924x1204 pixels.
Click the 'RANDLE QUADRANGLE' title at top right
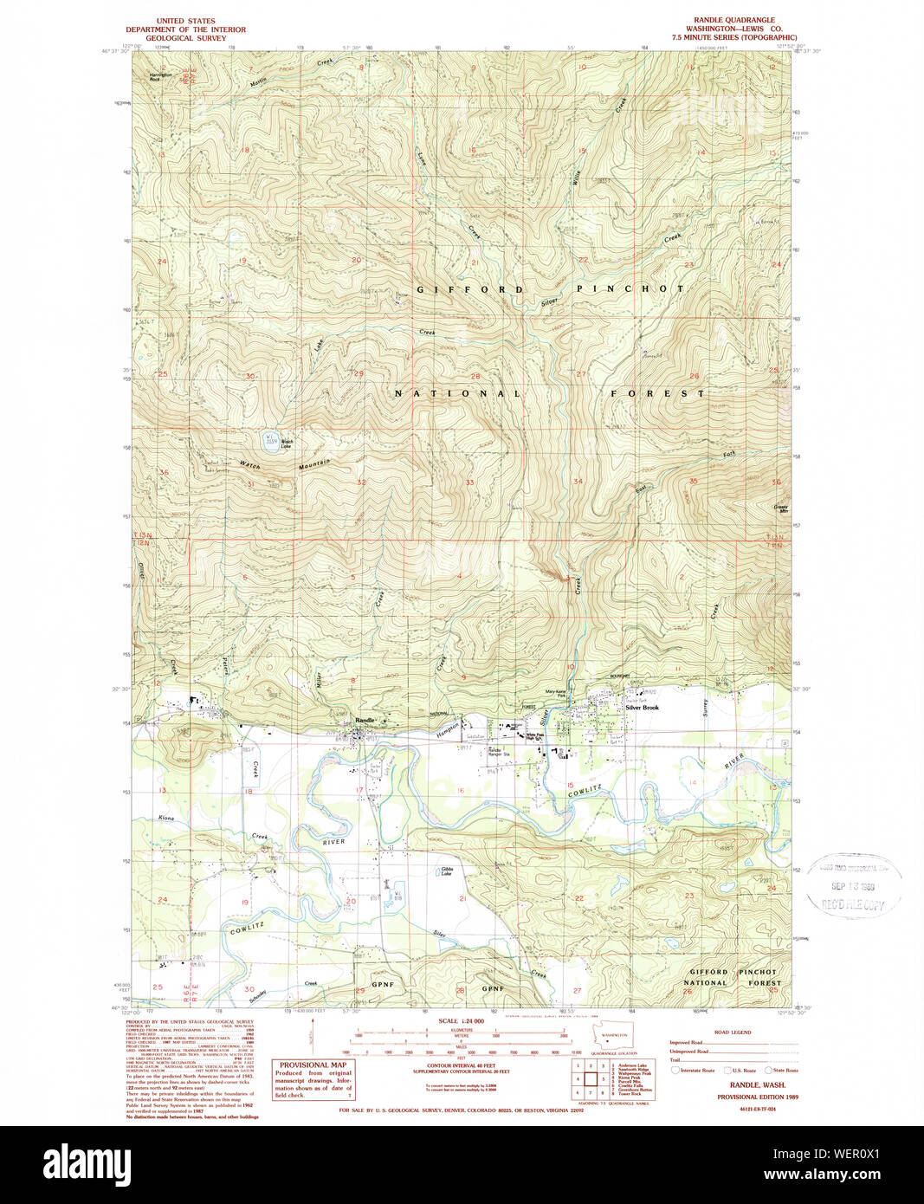coord(734,20)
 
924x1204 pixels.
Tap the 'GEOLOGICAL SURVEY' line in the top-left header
coord(185,38)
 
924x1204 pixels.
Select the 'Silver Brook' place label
coord(643,708)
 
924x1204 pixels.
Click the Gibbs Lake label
coord(447,871)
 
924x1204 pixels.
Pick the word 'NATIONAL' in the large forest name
coord(458,393)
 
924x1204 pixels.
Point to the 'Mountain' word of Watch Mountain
coord(314,465)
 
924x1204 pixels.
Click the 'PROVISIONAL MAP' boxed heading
coord(313,1065)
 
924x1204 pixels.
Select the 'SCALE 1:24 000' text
coord(461,1021)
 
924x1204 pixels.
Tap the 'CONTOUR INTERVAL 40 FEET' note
coord(461,1066)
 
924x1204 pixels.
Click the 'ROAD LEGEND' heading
coord(733,1032)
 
